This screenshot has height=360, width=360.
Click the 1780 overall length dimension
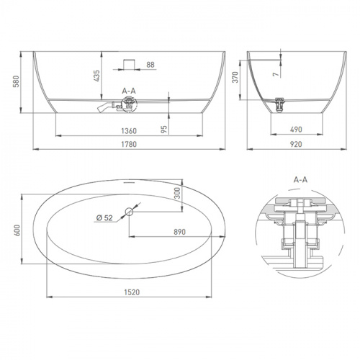129,144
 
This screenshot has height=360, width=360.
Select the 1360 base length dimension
129,131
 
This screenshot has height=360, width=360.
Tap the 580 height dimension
16,81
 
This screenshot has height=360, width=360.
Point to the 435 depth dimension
96,76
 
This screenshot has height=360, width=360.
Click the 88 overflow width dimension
150,65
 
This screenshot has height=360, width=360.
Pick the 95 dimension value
164,130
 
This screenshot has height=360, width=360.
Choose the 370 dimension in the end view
235,77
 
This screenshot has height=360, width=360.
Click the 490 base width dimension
296,130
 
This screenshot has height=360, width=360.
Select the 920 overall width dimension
296,144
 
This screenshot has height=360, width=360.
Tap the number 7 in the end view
276,74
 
